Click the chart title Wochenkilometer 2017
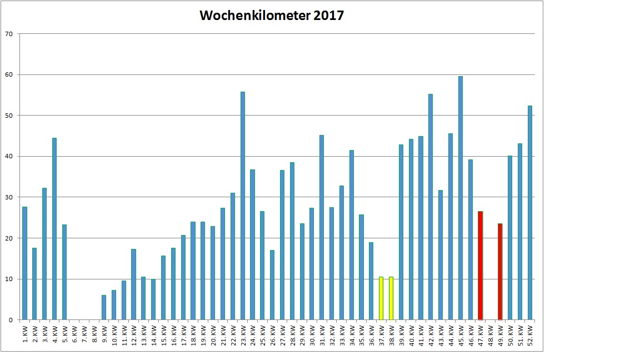272,16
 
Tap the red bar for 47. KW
481,266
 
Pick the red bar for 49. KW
500,272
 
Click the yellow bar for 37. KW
381,298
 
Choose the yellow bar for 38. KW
391,298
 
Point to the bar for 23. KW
243,206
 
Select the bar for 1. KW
24,263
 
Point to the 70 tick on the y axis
8,34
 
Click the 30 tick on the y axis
8,197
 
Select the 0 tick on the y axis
11,320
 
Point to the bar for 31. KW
322,227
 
